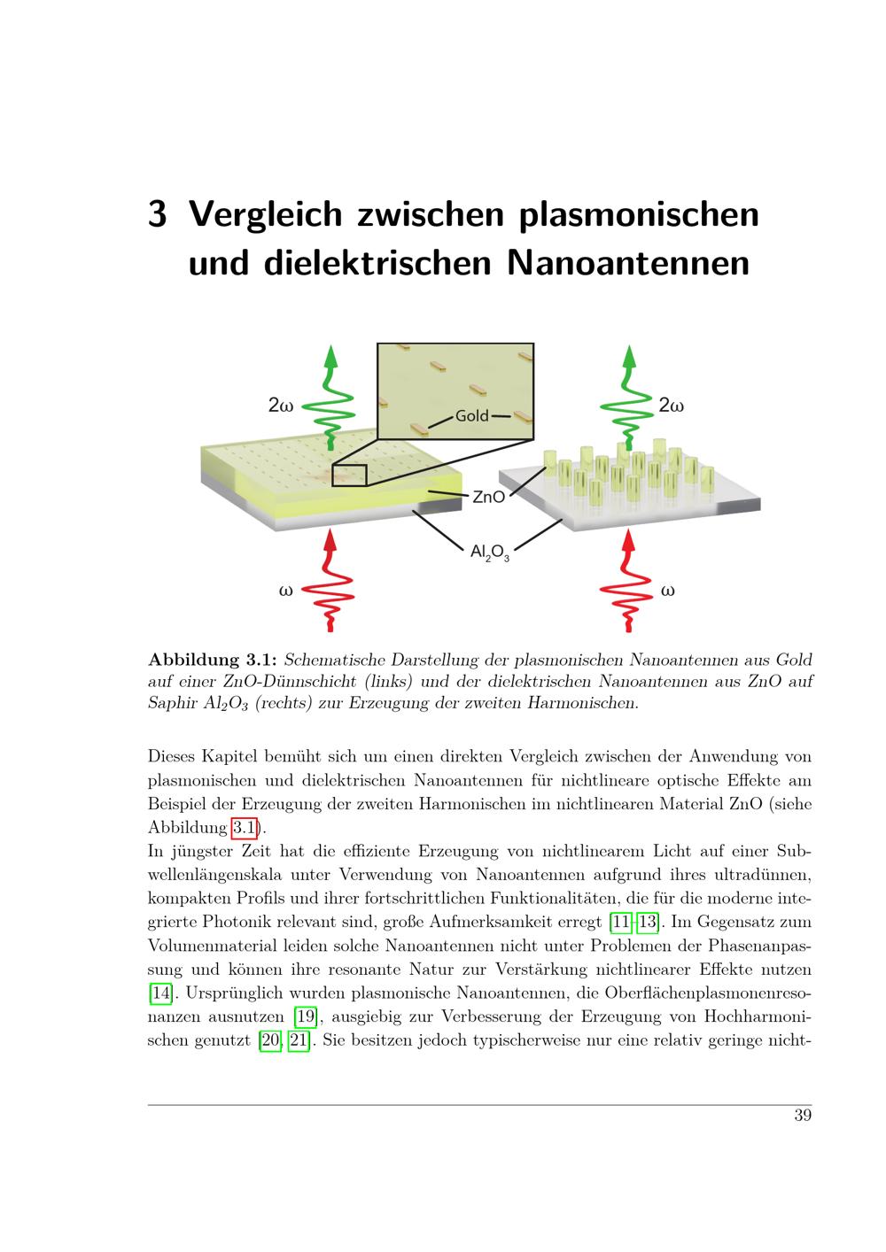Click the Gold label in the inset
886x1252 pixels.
click(471, 416)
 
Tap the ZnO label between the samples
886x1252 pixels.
click(488, 497)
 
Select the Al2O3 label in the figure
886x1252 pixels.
click(489, 553)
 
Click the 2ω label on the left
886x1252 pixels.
click(280, 406)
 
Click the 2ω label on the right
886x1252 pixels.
click(671, 406)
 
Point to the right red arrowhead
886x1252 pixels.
click(629, 540)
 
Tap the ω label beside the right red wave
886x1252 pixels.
click(667, 591)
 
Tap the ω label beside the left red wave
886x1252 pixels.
click(285, 591)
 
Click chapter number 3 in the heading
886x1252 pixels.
click(157, 214)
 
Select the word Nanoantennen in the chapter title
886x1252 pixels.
click(627, 263)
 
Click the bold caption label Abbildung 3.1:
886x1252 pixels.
click(213, 661)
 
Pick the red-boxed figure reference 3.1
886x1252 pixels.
click(245, 828)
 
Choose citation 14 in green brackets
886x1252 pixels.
click(161, 993)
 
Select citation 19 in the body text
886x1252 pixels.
click(306, 1016)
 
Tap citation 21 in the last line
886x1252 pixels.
click(299, 1040)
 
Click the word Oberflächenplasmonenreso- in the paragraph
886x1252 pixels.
click(708, 993)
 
